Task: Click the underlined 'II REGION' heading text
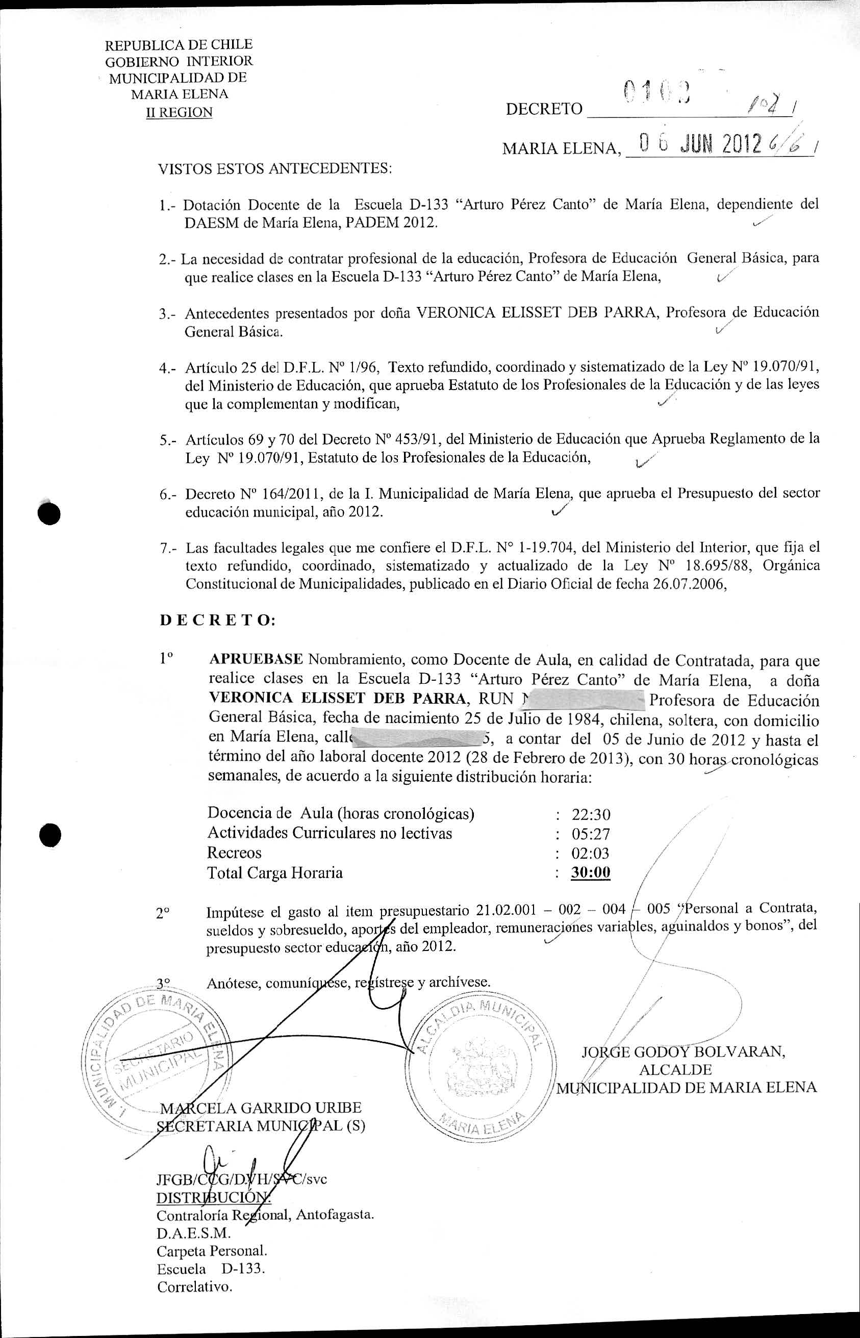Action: (179, 112)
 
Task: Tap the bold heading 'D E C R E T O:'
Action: (217, 620)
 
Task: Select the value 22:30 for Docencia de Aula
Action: (591, 814)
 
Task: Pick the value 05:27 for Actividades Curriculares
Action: (591, 834)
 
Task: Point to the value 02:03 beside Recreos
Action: (591, 854)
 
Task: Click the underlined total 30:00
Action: (591, 872)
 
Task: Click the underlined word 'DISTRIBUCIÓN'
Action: (212, 1197)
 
